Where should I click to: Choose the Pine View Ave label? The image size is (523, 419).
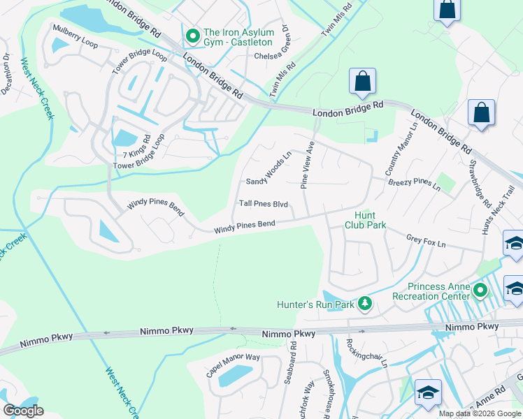pos(308,165)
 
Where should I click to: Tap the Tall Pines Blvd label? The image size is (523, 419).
pos(264,204)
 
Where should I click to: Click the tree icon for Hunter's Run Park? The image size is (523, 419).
pos(364,303)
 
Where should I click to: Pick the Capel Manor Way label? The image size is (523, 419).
pos(233,367)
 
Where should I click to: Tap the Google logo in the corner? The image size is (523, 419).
pos(24,411)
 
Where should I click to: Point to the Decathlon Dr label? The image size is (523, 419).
pos(6,75)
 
